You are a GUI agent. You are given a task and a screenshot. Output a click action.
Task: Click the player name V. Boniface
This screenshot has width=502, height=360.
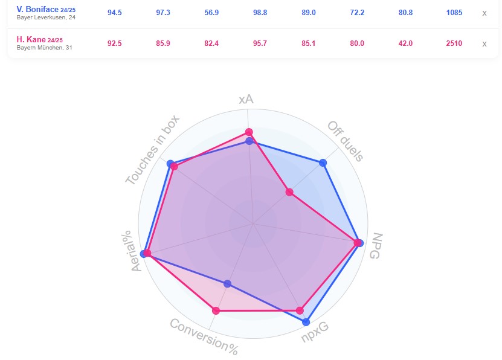point(37,10)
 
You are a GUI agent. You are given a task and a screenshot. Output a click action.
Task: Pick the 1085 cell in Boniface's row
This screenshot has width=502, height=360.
point(454,13)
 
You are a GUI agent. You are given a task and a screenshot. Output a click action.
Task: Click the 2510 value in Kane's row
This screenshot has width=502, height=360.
point(454,43)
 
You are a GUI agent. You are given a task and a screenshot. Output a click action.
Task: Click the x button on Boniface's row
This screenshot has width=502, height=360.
point(484,13)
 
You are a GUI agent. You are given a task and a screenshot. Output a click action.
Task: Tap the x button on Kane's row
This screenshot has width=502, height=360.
point(484,43)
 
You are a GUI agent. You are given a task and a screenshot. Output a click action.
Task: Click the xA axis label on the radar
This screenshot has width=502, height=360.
point(246,99)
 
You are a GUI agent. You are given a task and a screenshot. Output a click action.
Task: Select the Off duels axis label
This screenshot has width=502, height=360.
point(346,141)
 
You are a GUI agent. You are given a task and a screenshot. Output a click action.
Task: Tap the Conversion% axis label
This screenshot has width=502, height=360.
point(204,336)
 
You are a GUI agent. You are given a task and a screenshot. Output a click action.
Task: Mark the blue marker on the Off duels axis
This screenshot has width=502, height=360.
point(323,162)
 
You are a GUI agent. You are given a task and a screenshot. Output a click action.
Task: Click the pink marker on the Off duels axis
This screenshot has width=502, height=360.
point(289,193)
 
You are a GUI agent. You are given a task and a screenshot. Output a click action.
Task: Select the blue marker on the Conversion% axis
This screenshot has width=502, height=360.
point(227,283)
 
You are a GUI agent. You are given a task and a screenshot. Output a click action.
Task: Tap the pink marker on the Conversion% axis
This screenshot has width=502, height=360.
point(216,311)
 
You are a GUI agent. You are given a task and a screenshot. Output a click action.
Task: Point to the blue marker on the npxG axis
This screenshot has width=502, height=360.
point(306,322)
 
